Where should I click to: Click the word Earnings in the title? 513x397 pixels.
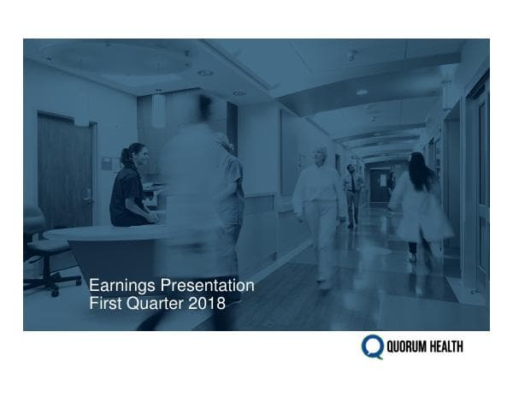coord(119,285)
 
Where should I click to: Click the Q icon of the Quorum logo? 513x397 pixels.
coord(372,347)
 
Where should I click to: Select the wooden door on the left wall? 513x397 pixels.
coord(64,171)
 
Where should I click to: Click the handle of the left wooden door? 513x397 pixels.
coord(86,195)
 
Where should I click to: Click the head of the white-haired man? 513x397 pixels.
coord(321,156)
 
